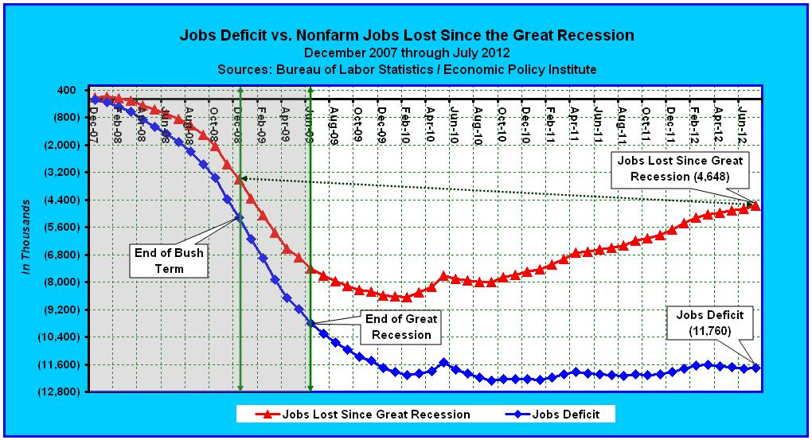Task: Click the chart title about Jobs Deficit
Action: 407,35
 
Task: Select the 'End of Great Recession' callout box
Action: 400,326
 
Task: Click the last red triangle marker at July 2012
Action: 756,206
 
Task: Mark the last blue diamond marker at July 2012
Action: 756,367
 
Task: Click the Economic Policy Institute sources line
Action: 407,69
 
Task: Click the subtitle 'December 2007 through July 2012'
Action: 407,53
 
